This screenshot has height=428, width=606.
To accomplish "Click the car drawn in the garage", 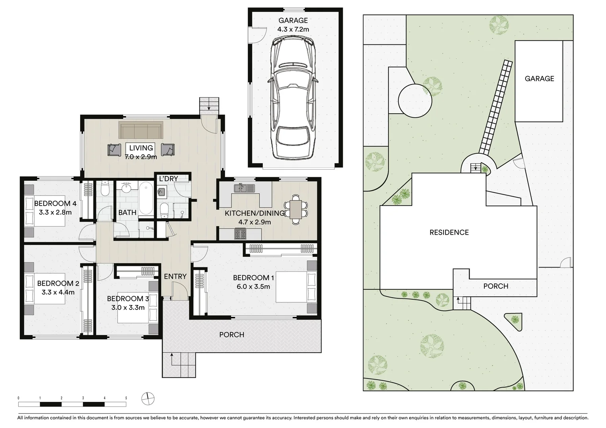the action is coord(293,97).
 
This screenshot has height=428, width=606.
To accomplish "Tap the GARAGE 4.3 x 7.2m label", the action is coord(293,25).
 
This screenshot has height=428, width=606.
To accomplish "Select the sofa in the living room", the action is coord(141,130).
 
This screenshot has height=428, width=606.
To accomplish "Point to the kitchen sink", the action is coord(244,188).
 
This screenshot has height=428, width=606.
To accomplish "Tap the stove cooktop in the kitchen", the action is coord(240,234).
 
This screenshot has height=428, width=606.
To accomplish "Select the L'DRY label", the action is coord(168,179).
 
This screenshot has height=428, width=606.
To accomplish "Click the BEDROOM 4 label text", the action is coord(55,203).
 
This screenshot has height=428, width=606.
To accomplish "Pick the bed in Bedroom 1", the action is coord(296,287).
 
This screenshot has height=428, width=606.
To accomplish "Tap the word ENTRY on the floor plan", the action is coord(175,276).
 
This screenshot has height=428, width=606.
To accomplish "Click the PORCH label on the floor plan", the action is coord(231,334).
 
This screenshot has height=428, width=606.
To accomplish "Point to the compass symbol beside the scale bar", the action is coord(148,399).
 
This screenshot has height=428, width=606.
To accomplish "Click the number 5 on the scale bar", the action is coord(126,398).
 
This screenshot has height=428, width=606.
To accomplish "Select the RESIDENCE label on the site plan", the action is coord(449,232).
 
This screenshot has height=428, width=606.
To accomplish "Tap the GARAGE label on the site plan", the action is coord(539,78).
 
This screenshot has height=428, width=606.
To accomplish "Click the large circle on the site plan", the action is coord(415,101).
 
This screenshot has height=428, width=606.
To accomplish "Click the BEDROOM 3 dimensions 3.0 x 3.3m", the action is coord(128,308).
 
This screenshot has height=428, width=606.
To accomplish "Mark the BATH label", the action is coord(127,212).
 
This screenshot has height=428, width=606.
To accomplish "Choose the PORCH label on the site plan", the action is coord(496,286).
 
